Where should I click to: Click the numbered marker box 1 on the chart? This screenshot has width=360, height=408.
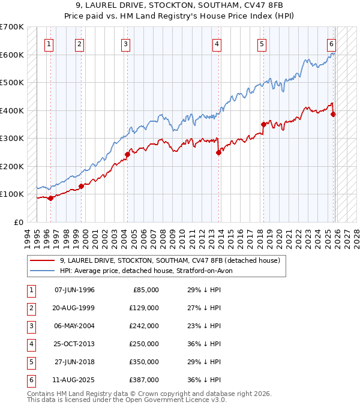click(x=48, y=43)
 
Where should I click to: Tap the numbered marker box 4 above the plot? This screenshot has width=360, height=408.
click(x=216, y=43)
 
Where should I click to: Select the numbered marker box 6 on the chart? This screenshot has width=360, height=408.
click(x=331, y=43)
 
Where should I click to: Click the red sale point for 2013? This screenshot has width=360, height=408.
click(x=218, y=152)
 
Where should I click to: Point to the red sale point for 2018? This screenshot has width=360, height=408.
click(x=263, y=124)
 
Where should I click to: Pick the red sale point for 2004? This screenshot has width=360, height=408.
click(x=127, y=154)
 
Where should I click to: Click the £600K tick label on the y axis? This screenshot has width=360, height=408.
click(x=11, y=55)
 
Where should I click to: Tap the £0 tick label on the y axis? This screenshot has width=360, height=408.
click(x=19, y=222)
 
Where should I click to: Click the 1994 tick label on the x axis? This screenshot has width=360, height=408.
click(x=28, y=238)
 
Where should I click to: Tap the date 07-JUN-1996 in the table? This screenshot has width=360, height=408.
click(x=74, y=290)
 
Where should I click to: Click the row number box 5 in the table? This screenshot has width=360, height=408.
click(x=30, y=362)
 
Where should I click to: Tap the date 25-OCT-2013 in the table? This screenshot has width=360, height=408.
click(x=74, y=344)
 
